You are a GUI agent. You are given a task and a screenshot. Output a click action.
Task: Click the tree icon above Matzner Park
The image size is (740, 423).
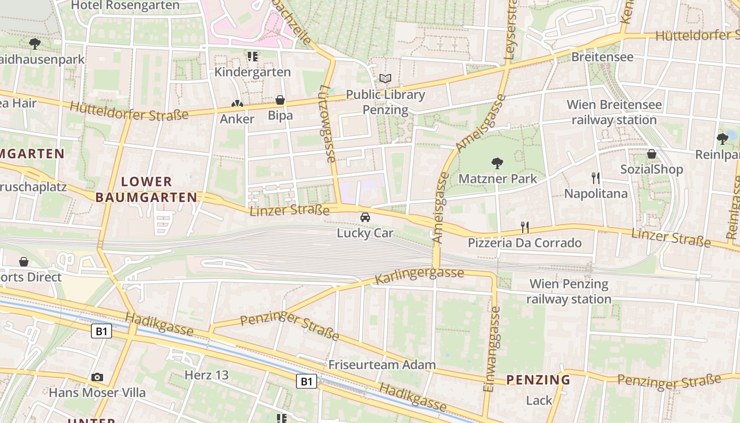coord(497,163)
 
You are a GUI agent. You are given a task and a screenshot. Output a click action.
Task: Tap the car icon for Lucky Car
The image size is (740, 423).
coord(365,217)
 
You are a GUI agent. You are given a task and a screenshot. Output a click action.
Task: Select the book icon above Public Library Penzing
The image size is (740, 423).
coord(385,79)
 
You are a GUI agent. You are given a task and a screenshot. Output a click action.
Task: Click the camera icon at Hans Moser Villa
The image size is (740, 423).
coord(97,377)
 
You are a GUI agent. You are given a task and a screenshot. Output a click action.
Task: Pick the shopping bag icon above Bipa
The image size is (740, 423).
coord(280,100)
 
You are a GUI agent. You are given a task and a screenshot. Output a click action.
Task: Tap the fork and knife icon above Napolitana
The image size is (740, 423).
coord(596,178)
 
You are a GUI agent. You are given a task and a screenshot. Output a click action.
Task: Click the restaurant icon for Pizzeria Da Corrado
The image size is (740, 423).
coord(525,227)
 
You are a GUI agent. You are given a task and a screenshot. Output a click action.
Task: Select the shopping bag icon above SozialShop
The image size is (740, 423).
coord(652,154)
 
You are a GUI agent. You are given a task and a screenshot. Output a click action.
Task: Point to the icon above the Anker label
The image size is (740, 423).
coord(237,104)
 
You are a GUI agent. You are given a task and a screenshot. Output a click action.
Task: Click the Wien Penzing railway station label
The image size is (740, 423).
coord(569,291)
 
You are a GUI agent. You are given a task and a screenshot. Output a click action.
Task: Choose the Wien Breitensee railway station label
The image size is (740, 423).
coord(614,112)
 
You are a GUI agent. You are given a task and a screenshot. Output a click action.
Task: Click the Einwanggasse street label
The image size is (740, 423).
coord(491,349)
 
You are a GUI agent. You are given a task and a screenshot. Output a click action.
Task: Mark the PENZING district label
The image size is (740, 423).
coord(538,380)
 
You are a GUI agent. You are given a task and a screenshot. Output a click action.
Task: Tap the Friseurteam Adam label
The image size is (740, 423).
coord(382,364)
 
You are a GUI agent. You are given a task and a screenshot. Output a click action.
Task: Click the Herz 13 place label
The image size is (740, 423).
coord(206,375)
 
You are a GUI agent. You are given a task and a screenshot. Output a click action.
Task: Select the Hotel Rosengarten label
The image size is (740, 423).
coord(125,6)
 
